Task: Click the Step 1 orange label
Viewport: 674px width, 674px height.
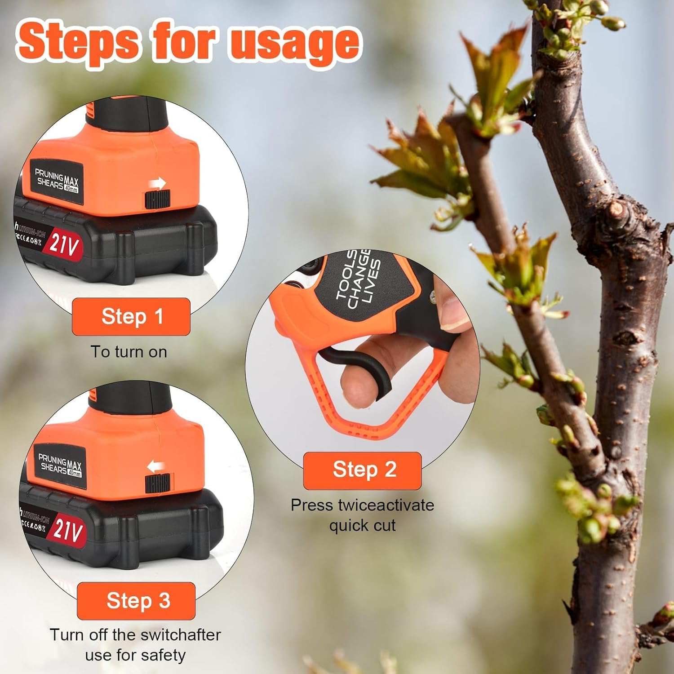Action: click(x=131, y=316)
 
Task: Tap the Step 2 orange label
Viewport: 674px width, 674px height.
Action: click(x=362, y=470)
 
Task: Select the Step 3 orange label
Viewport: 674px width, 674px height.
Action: click(x=136, y=601)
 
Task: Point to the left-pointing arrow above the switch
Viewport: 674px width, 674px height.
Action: click(x=155, y=467)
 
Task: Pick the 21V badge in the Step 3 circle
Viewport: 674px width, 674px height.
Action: click(x=68, y=529)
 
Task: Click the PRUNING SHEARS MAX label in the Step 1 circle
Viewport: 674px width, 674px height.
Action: click(x=57, y=180)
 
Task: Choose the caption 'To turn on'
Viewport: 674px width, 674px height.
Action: click(x=129, y=352)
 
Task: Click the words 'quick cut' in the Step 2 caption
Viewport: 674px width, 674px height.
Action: click(x=362, y=525)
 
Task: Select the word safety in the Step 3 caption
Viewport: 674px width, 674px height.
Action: click(x=163, y=655)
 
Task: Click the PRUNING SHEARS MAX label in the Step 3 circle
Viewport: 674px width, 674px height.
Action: click(x=60, y=465)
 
